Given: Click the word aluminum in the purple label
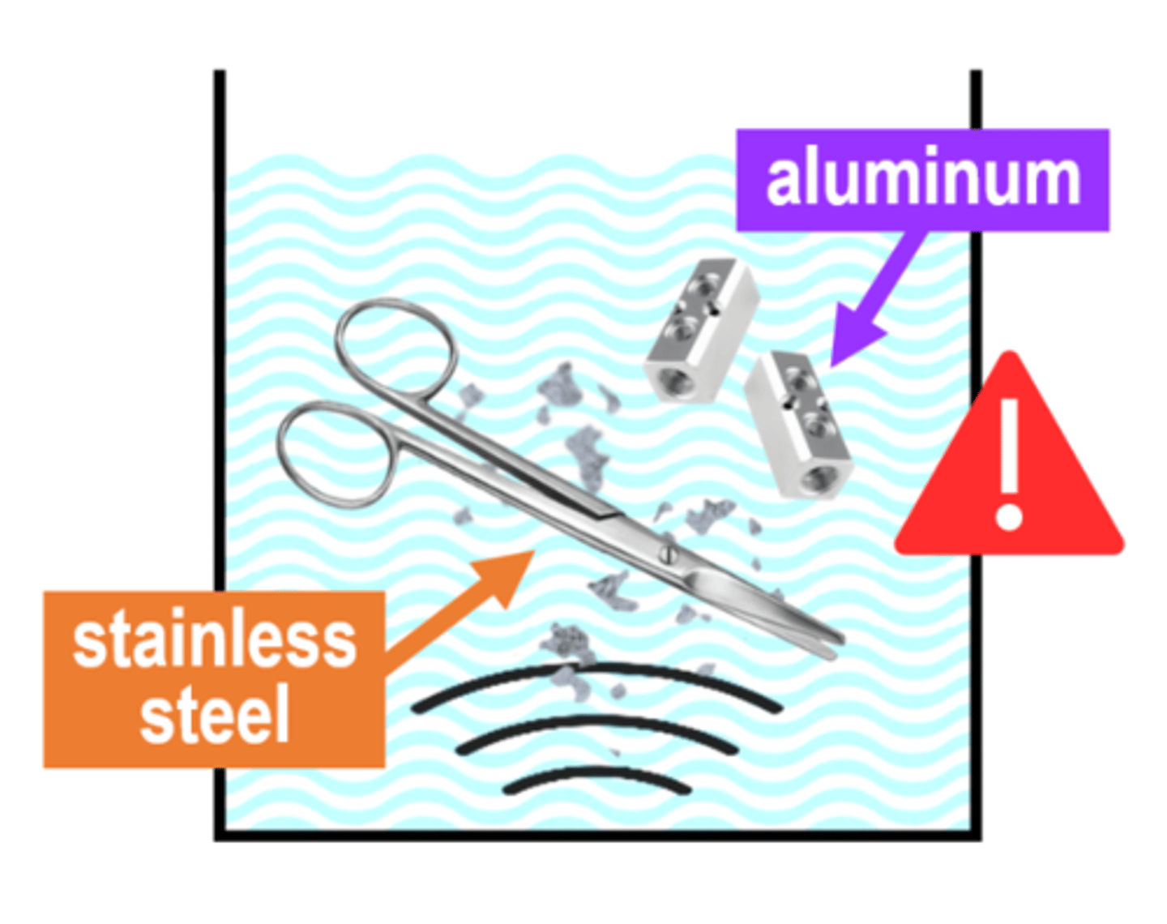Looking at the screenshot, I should pyautogui.click(x=922, y=180).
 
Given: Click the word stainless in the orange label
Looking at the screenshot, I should pyautogui.click(x=214, y=641).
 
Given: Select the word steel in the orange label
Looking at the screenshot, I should pyautogui.click(x=214, y=714).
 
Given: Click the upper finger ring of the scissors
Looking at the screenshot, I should pyautogui.click(x=395, y=349).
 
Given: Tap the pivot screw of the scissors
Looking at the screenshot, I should pyautogui.click(x=667, y=554).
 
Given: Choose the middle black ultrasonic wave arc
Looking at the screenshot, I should pyautogui.click(x=596, y=721).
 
